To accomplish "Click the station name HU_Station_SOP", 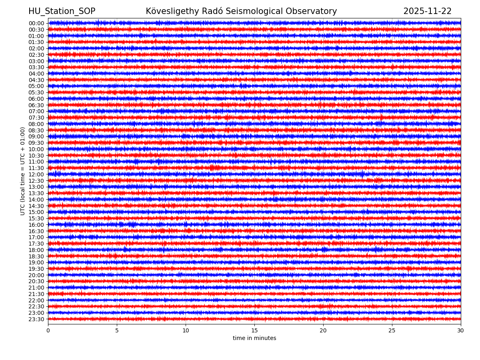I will click(62, 11).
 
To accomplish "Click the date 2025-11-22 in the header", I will click(427, 11).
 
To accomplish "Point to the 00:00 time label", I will click(36, 23).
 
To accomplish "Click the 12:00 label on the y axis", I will click(36, 174).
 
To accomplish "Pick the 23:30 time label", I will click(36, 319).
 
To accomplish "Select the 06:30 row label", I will click(36, 105).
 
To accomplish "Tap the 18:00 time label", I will click(36, 250).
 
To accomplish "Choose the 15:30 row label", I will click(36, 218).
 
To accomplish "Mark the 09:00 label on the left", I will click(36, 136).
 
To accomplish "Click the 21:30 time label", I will click(36, 294).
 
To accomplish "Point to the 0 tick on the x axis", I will click(48, 331).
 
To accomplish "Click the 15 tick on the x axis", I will click(254, 331).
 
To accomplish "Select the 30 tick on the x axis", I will click(461, 331).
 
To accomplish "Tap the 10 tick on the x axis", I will click(186, 331).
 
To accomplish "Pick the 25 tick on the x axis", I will click(392, 331).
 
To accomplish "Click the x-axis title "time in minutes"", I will click(254, 338).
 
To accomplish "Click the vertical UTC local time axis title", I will click(23, 171).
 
